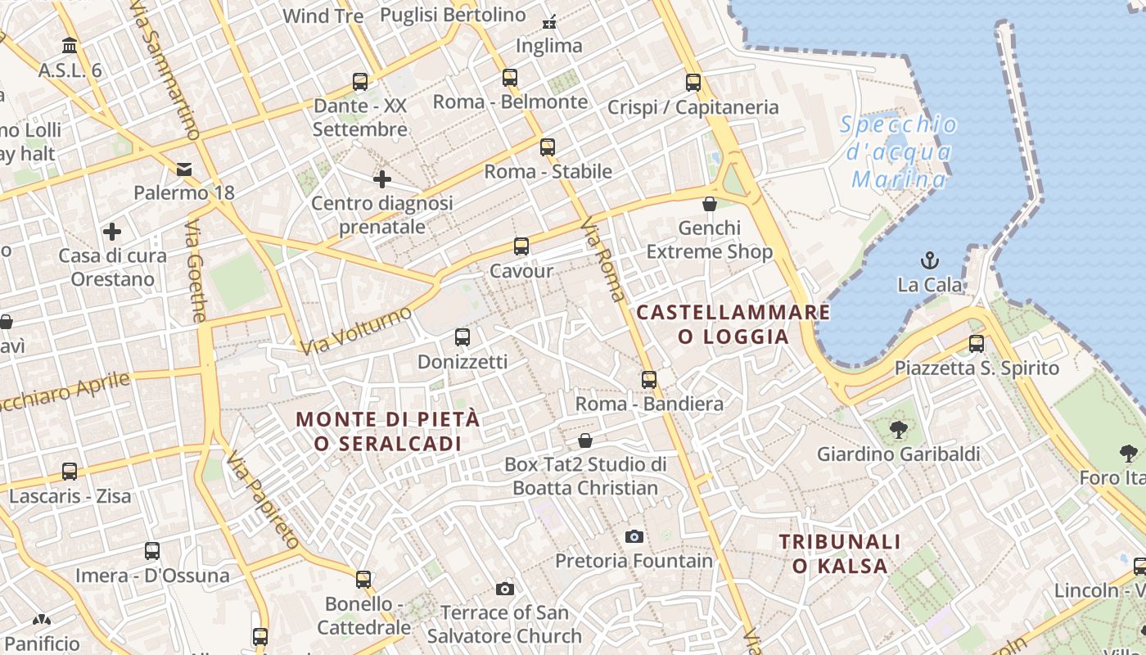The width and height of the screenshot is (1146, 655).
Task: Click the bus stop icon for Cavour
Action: (x=521, y=246)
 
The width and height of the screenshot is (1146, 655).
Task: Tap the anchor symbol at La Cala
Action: (x=929, y=261)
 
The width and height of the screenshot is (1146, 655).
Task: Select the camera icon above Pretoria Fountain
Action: (x=634, y=537)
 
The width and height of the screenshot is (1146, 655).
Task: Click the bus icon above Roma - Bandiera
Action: (x=649, y=379)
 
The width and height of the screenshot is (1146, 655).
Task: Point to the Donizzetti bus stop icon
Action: (x=462, y=337)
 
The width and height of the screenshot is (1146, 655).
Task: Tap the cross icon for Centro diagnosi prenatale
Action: (x=381, y=178)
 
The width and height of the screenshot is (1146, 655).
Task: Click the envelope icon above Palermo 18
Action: (x=184, y=169)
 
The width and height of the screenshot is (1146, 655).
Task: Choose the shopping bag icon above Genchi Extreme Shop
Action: (x=710, y=203)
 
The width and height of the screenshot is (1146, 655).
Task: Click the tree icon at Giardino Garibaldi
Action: (x=898, y=429)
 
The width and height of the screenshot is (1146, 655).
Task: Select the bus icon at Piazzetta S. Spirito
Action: (x=976, y=344)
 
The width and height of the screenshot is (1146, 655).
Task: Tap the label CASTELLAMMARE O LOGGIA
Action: (x=733, y=324)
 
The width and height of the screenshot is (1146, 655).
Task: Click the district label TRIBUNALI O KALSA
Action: (x=840, y=553)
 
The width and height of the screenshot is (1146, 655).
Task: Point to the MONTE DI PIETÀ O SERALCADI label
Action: (x=388, y=431)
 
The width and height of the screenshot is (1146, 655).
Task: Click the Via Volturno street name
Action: (x=356, y=331)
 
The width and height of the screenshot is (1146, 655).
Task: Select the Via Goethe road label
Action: (x=196, y=271)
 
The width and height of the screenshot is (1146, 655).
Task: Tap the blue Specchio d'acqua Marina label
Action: (x=899, y=151)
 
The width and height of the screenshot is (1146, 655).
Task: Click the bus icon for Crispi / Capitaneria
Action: (x=693, y=83)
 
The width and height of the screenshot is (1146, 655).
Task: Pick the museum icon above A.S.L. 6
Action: (x=70, y=46)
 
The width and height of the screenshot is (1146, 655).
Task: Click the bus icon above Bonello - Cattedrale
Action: (x=363, y=580)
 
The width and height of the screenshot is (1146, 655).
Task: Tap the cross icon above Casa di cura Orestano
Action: (x=112, y=232)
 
